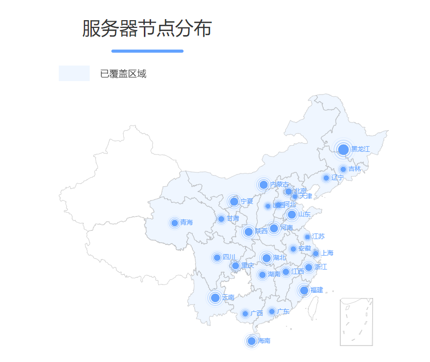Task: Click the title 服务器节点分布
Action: (x=147, y=29)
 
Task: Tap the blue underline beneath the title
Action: (x=147, y=51)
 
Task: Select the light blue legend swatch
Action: (x=74, y=73)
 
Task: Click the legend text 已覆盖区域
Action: (x=123, y=74)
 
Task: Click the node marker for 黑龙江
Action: (x=343, y=150)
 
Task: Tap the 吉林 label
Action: (x=355, y=169)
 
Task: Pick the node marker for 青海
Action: (x=175, y=223)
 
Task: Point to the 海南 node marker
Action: (x=252, y=341)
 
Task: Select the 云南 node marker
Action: (x=216, y=297)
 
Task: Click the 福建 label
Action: (x=317, y=290)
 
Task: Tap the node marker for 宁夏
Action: (x=234, y=201)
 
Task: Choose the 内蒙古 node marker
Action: (x=263, y=185)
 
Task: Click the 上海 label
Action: (x=327, y=253)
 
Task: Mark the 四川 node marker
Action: (x=217, y=258)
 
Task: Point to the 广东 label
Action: (x=283, y=311)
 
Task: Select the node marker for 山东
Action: (x=292, y=214)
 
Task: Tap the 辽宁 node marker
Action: (x=326, y=178)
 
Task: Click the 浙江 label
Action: (x=321, y=267)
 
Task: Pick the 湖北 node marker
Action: (x=267, y=258)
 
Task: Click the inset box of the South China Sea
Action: (x=356, y=322)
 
